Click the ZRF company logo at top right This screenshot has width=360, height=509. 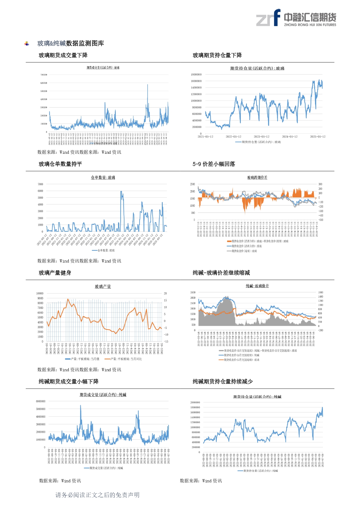pos(296,18)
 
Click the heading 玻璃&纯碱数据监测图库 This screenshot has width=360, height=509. pos(70,44)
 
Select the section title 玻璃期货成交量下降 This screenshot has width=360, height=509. pos(63,55)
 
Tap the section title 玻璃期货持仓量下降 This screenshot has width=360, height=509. pos(217,55)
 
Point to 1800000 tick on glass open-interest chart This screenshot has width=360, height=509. pos(196,75)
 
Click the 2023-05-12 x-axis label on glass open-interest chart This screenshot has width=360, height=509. pos(261,137)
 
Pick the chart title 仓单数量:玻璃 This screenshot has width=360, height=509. pos(103,177)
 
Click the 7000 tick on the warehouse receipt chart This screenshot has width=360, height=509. pos(40,184)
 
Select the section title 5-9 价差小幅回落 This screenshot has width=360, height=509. pos(214,164)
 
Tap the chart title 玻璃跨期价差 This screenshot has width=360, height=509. pos(257,177)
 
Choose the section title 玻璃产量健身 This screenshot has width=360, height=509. pos(55,273)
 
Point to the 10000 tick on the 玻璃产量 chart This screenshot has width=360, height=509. pos(40,294)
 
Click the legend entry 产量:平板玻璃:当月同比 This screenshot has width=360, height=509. pos(124,359)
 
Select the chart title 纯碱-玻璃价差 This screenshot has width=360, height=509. pos(257,286)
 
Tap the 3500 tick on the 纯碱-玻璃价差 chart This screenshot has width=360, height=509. pos(193,292)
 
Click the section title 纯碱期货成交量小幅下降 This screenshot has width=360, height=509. pos(69,382)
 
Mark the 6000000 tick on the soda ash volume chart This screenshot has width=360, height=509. pos(41,401)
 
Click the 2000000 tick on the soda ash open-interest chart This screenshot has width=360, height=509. pos(195,403)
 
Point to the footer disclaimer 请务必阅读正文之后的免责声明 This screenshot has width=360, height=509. pos(97,495)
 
